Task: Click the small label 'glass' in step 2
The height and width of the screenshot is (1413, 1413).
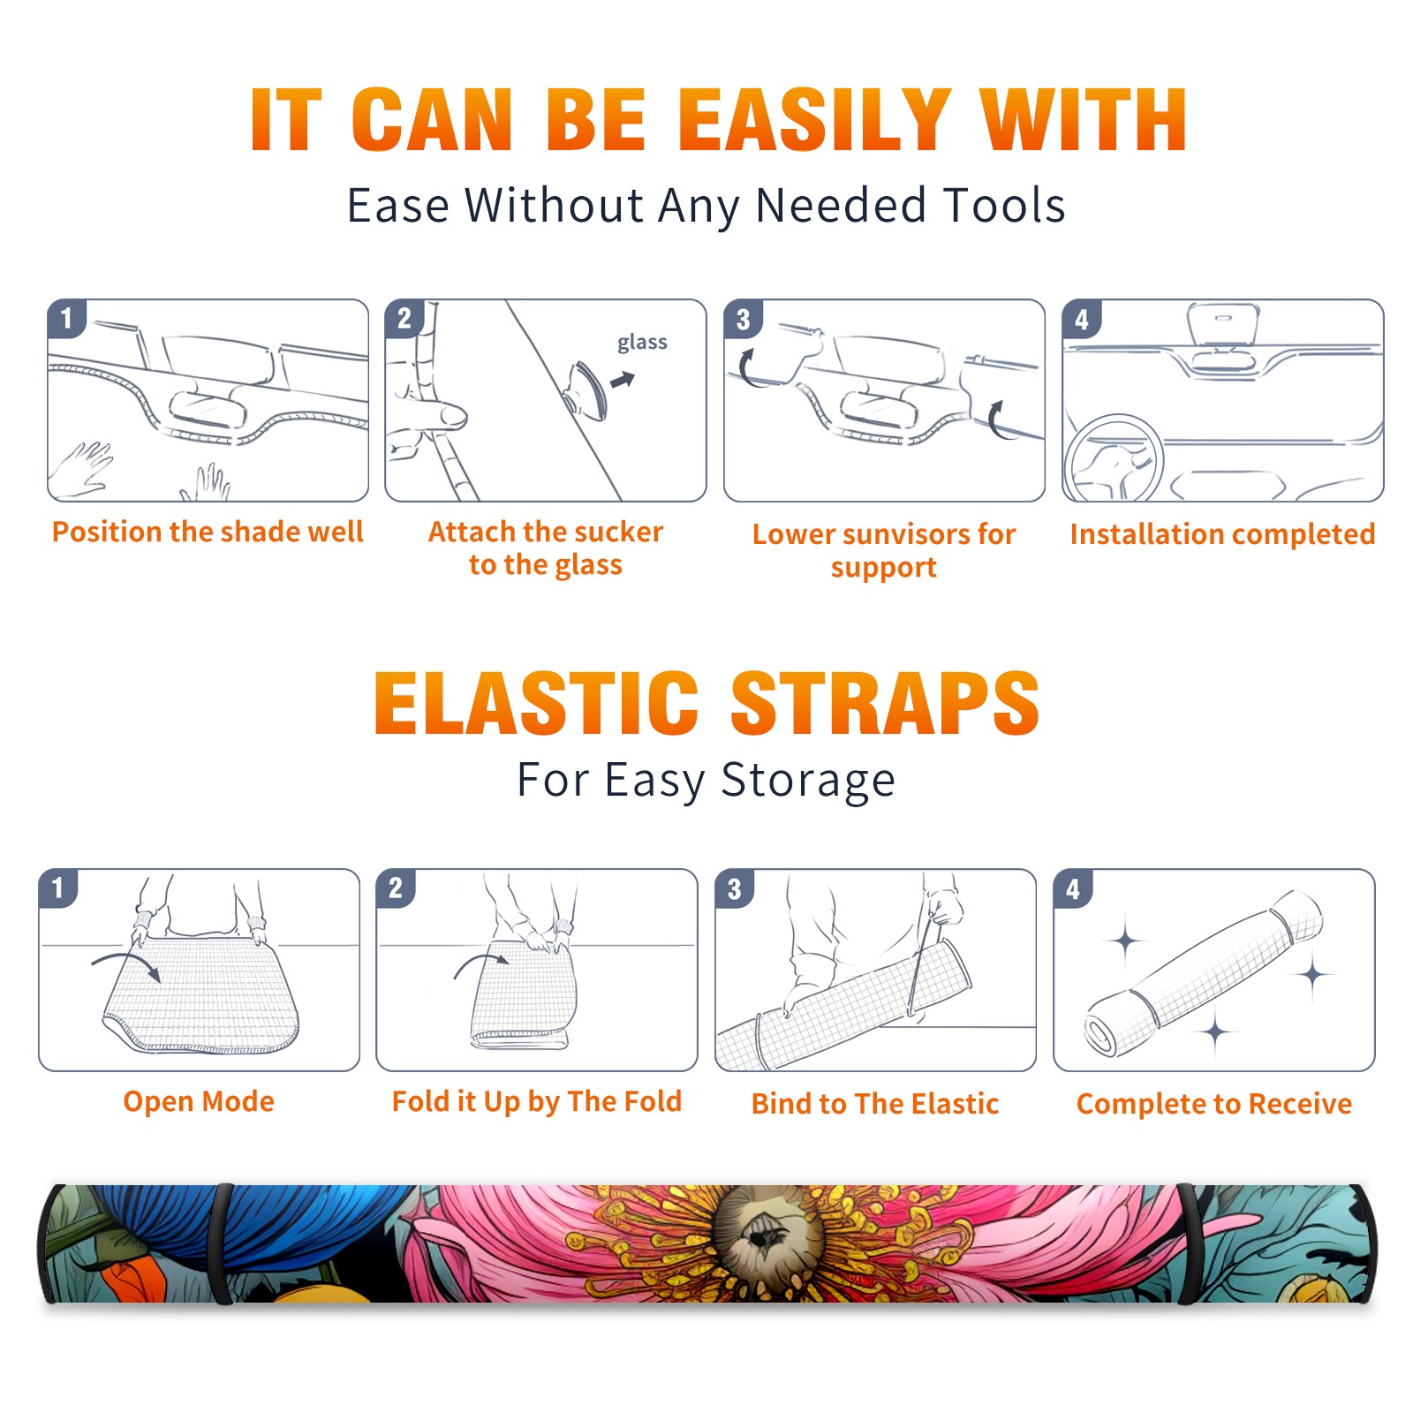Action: [x=642, y=343]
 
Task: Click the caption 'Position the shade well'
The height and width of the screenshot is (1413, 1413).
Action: [x=208, y=532]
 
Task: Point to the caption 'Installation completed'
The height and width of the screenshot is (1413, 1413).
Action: [x=1222, y=534]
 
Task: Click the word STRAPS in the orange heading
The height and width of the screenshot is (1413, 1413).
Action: [x=885, y=703]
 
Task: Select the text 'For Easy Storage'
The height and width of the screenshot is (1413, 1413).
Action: [x=706, y=781]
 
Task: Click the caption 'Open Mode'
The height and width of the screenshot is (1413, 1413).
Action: [x=199, y=1101]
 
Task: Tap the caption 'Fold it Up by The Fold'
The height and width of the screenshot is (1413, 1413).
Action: [x=537, y=1101]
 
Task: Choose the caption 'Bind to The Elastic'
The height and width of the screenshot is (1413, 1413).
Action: [x=875, y=1104]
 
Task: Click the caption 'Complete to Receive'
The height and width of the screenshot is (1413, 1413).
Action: [x=1214, y=1104]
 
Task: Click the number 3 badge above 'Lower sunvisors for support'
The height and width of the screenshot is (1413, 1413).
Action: [x=743, y=319]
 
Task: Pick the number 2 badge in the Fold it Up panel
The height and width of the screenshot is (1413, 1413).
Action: [x=395, y=888]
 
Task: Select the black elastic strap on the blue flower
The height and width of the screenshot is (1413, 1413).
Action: [x=221, y=1243]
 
